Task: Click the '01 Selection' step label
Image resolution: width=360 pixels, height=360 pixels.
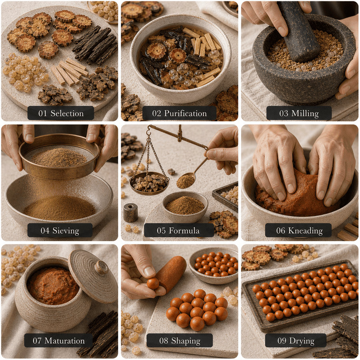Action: click(x=61, y=113)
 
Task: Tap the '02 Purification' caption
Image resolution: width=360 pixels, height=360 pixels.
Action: click(x=179, y=113)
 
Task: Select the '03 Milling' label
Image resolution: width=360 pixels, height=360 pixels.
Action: click(x=299, y=113)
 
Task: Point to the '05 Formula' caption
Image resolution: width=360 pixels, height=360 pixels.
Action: click(x=178, y=230)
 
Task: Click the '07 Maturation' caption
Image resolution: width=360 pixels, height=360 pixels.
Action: click(x=58, y=340)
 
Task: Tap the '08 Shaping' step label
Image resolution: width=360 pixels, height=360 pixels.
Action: click(x=180, y=340)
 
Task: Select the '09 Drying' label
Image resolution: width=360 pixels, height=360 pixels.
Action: click(x=296, y=340)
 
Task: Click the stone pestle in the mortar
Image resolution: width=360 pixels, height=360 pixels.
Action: click(x=298, y=32)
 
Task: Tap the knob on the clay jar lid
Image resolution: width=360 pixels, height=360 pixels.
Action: click(x=102, y=268)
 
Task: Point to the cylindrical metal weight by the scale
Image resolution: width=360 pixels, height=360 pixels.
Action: click(x=130, y=213)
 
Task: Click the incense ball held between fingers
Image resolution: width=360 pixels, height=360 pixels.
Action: click(x=153, y=283)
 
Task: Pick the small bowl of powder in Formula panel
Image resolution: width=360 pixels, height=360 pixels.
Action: click(x=185, y=207)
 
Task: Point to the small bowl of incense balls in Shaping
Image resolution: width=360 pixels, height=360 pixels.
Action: click(x=214, y=266)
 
